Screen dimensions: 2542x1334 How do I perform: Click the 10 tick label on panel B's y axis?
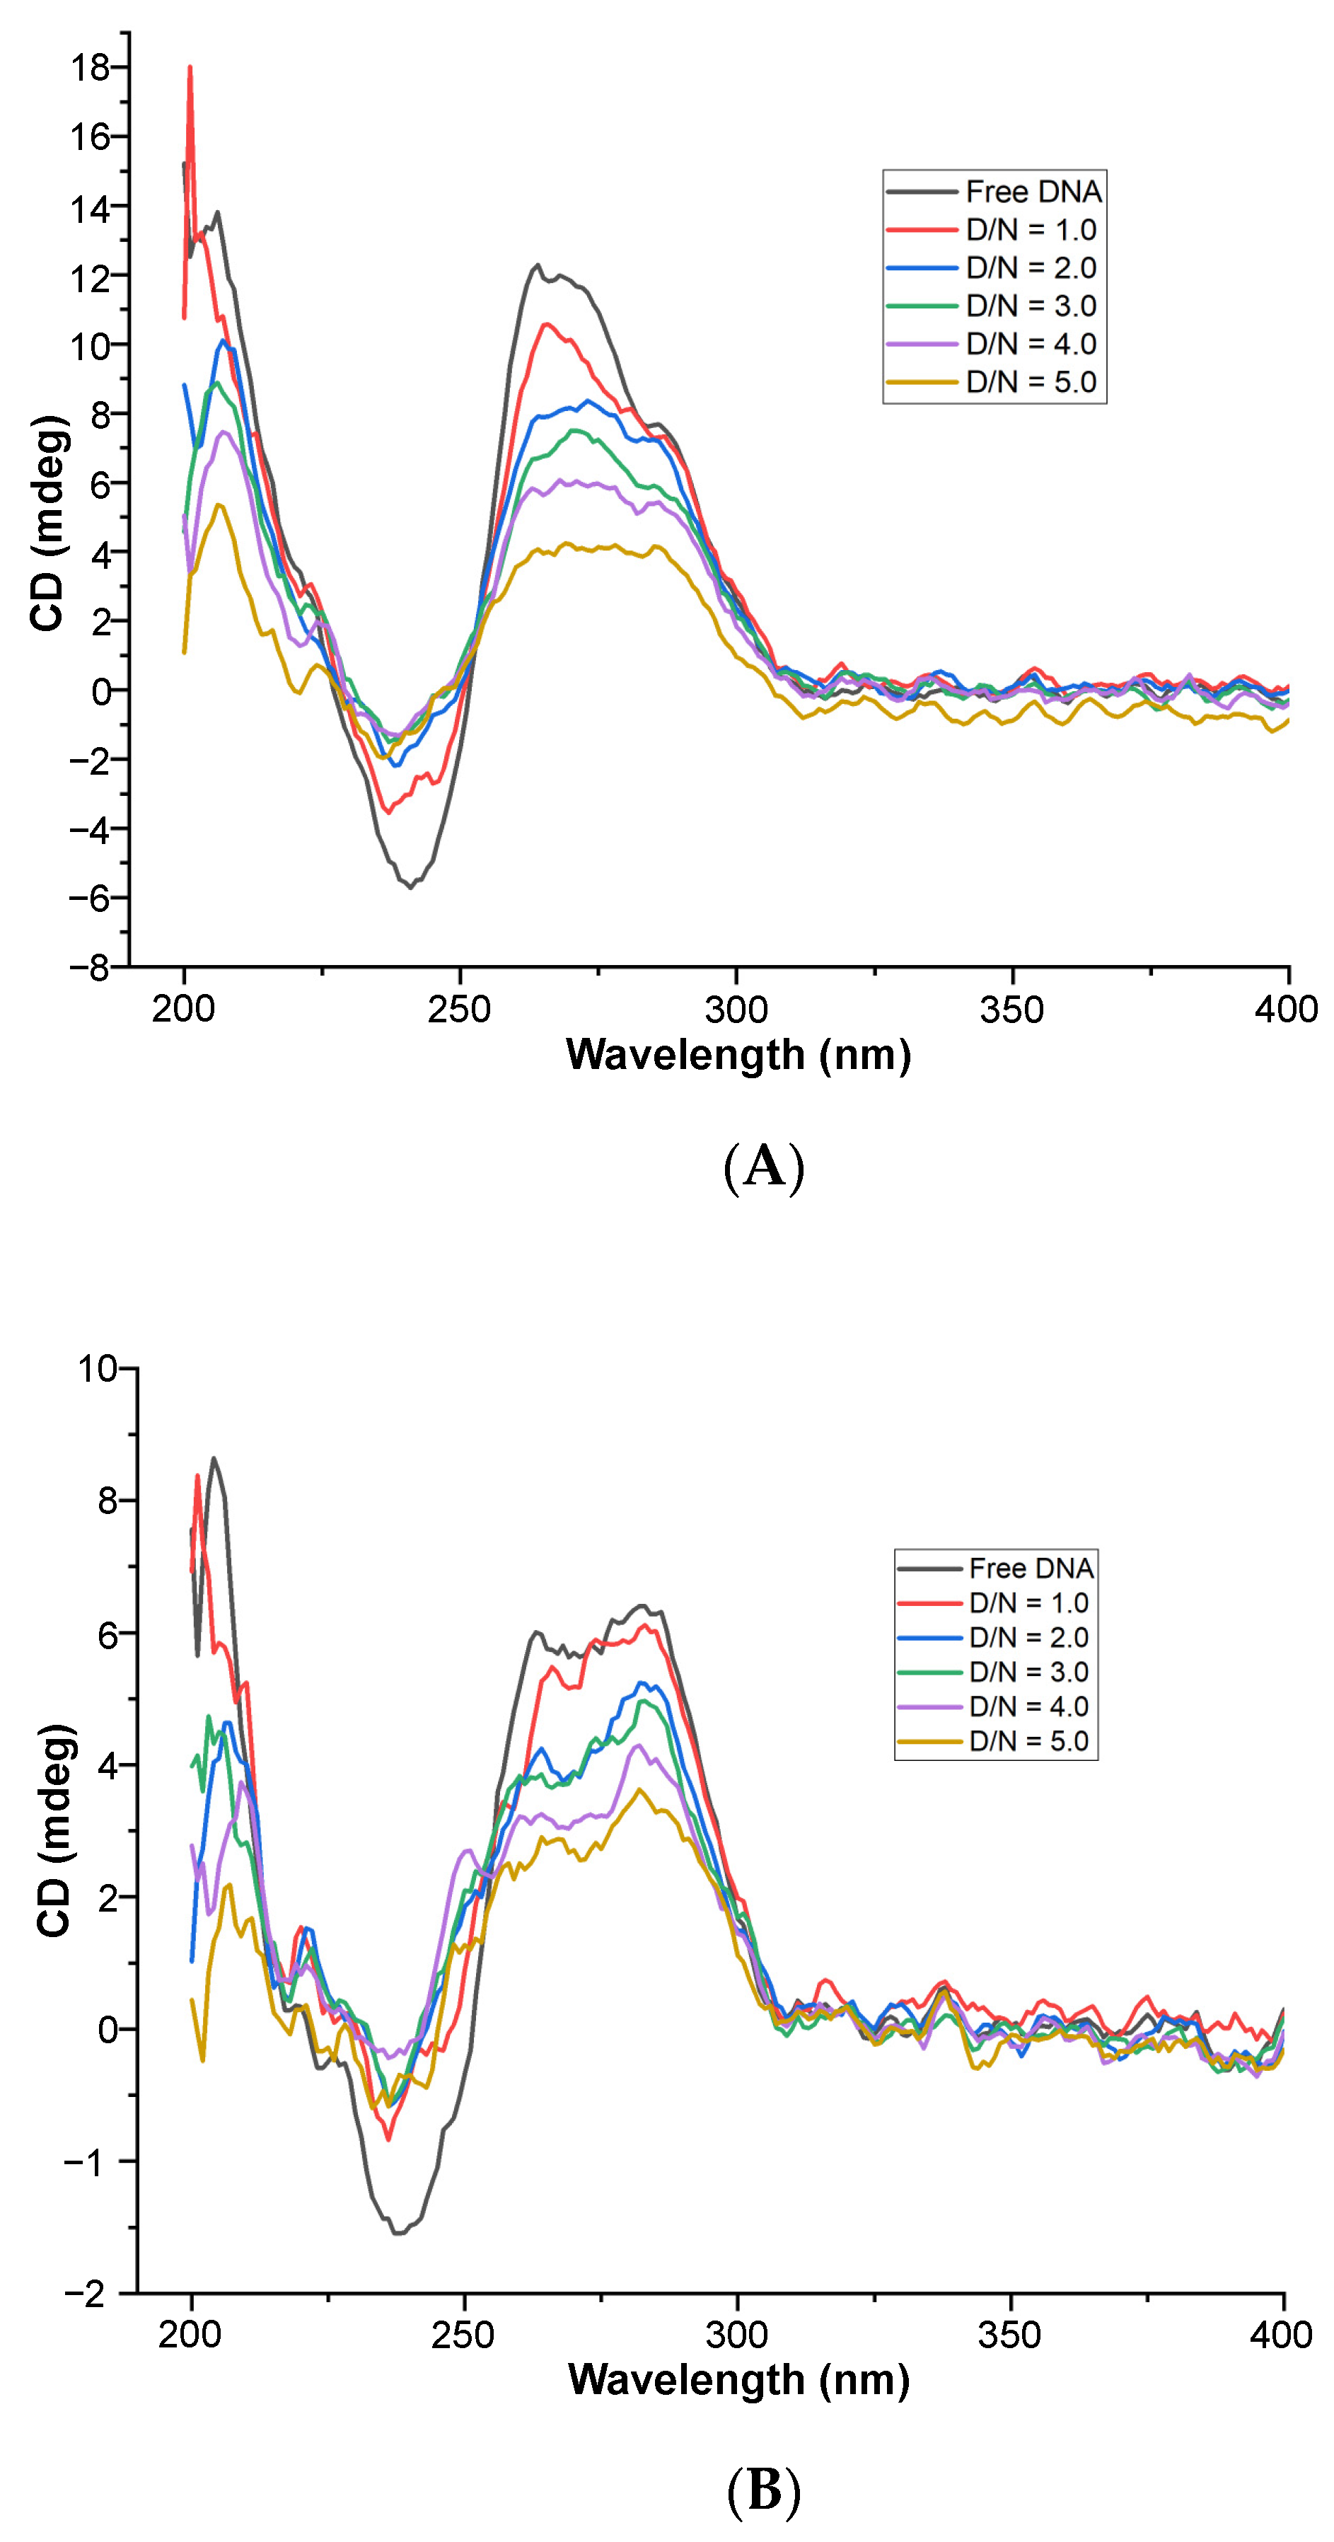97,1369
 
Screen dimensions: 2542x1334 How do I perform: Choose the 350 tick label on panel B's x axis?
1010,2335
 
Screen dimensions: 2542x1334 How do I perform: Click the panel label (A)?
764,1167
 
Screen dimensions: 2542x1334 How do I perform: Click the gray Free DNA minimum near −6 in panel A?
410,886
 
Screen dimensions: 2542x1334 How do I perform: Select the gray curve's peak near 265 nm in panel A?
538,265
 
